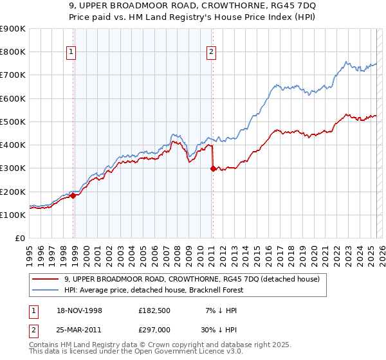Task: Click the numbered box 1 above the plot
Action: tap(71, 53)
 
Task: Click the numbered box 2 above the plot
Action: tap(211, 53)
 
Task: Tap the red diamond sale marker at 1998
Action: tap(73, 196)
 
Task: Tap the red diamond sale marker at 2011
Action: tap(213, 169)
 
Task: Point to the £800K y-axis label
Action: tap(14, 52)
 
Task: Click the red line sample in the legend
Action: tap(46, 279)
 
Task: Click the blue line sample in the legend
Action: tap(46, 290)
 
